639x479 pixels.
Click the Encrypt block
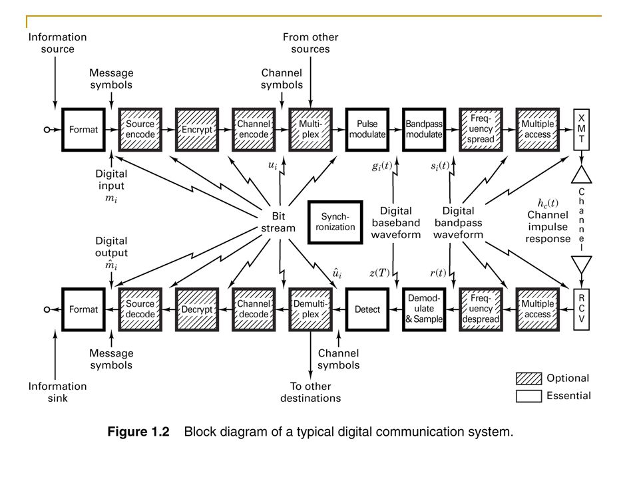(x=197, y=130)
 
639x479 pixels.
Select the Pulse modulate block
(x=367, y=130)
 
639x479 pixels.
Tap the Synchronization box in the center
(x=335, y=222)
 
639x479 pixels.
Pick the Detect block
(x=367, y=309)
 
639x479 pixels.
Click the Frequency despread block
(x=481, y=309)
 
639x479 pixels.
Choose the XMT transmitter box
(x=582, y=130)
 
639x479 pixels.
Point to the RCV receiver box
(x=582, y=309)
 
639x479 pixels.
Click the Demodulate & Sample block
(x=424, y=309)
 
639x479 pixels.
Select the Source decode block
(x=140, y=309)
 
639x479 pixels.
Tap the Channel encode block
(x=254, y=130)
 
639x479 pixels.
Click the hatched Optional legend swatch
(x=529, y=379)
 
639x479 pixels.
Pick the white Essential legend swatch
(x=529, y=396)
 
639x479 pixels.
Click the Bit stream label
(x=278, y=222)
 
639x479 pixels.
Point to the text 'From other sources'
(x=311, y=43)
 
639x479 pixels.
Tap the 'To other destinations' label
(x=311, y=392)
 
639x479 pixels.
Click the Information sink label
(x=57, y=392)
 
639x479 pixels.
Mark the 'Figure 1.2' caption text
(x=138, y=432)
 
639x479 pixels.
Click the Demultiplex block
(x=311, y=309)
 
